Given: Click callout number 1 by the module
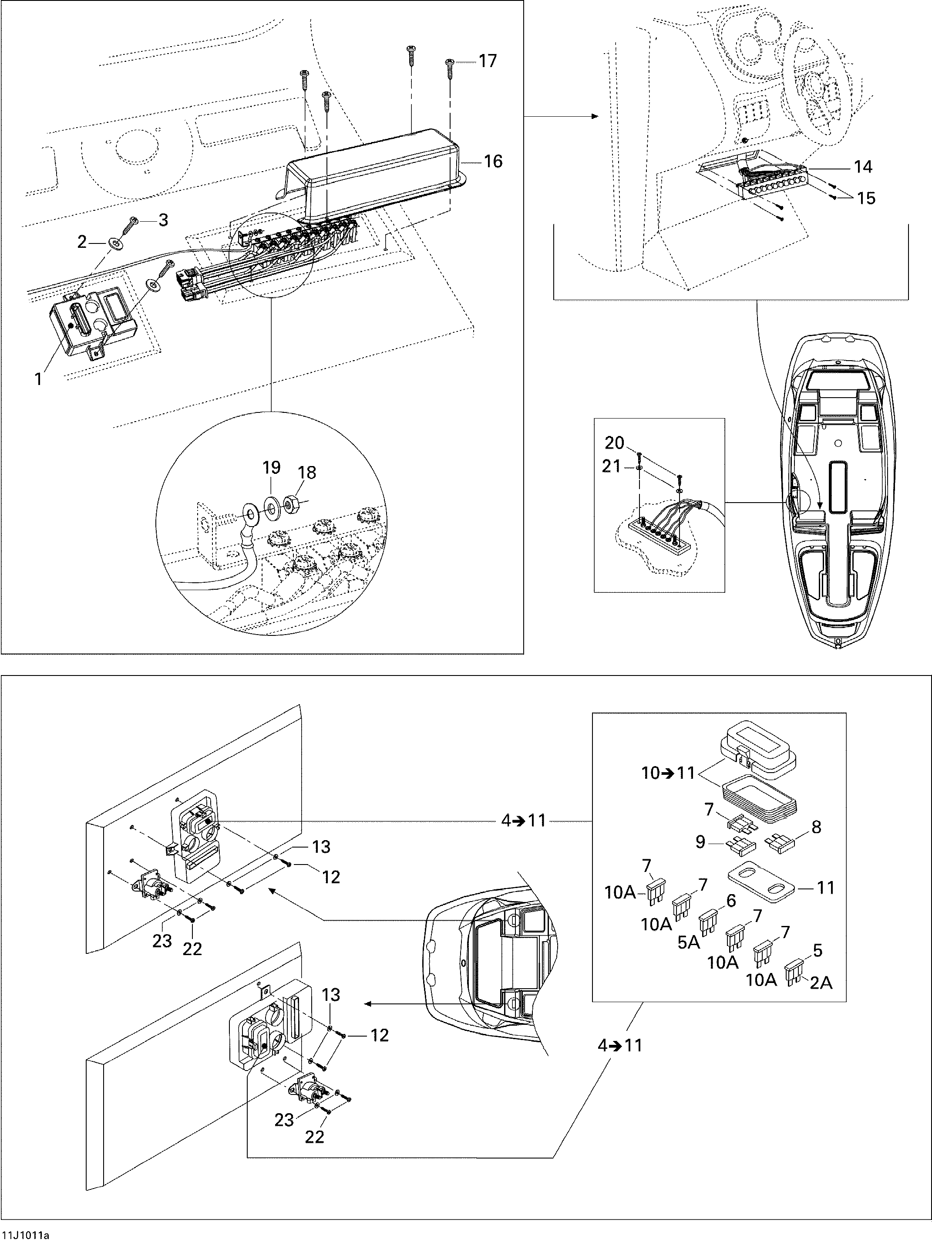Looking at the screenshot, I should coord(38,380).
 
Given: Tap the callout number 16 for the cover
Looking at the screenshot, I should coord(493,162).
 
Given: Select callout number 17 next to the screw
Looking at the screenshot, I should coord(488,61).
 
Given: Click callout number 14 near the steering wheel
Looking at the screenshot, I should coord(863,167).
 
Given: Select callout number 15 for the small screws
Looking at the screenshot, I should coord(866,198).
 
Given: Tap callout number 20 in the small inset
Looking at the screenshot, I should coord(615,443).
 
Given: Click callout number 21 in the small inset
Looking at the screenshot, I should coord(612,466).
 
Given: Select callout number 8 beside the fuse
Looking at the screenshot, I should coord(816,827).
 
